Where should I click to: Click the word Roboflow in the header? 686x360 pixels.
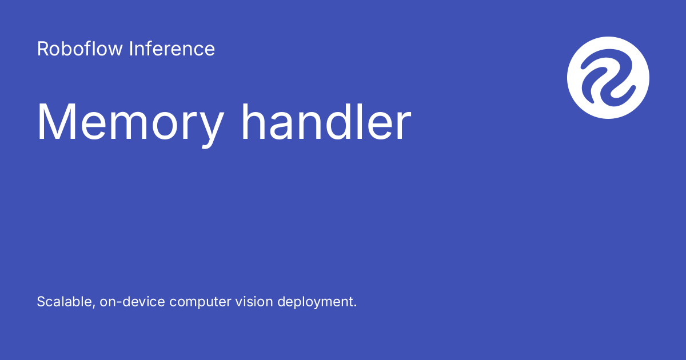(80, 49)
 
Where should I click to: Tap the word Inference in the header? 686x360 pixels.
(172, 49)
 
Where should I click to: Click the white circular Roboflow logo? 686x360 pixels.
(608, 78)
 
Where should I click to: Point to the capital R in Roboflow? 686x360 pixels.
(42, 49)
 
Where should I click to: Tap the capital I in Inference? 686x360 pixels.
(131, 49)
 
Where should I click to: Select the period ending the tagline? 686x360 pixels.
(355, 306)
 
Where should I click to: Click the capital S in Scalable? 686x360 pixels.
(41, 302)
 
